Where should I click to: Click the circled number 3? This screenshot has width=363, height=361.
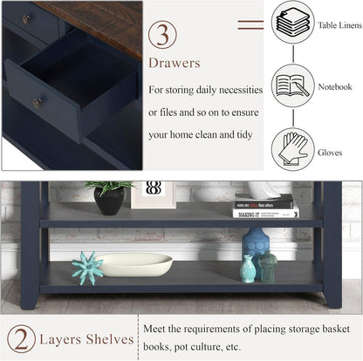point(162,35)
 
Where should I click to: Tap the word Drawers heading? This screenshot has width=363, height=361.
point(175,63)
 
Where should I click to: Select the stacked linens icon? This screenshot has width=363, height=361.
point(293,22)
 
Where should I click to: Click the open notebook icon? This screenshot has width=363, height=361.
point(292,85)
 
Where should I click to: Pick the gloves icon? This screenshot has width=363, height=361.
point(293,149)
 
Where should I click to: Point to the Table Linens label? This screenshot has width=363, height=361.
point(339,25)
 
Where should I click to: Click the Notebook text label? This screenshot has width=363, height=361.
point(335,86)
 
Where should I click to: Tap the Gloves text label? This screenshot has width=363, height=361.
point(330,153)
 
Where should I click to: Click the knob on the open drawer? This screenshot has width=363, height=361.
point(37,103)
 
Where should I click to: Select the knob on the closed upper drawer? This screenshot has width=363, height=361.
point(26,19)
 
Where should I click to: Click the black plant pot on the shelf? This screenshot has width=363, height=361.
point(110,201)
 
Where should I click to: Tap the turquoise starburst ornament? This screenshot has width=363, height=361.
point(87,268)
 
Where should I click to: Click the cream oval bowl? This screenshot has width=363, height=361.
point(135,264)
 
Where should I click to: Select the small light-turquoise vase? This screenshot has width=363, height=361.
point(248,269)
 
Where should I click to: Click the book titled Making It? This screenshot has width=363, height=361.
point(265,214)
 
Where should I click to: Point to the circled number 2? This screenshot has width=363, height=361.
point(22,338)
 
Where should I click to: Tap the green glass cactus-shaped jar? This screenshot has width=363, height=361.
point(268,267)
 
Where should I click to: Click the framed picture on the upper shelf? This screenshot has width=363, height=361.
point(154,194)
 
